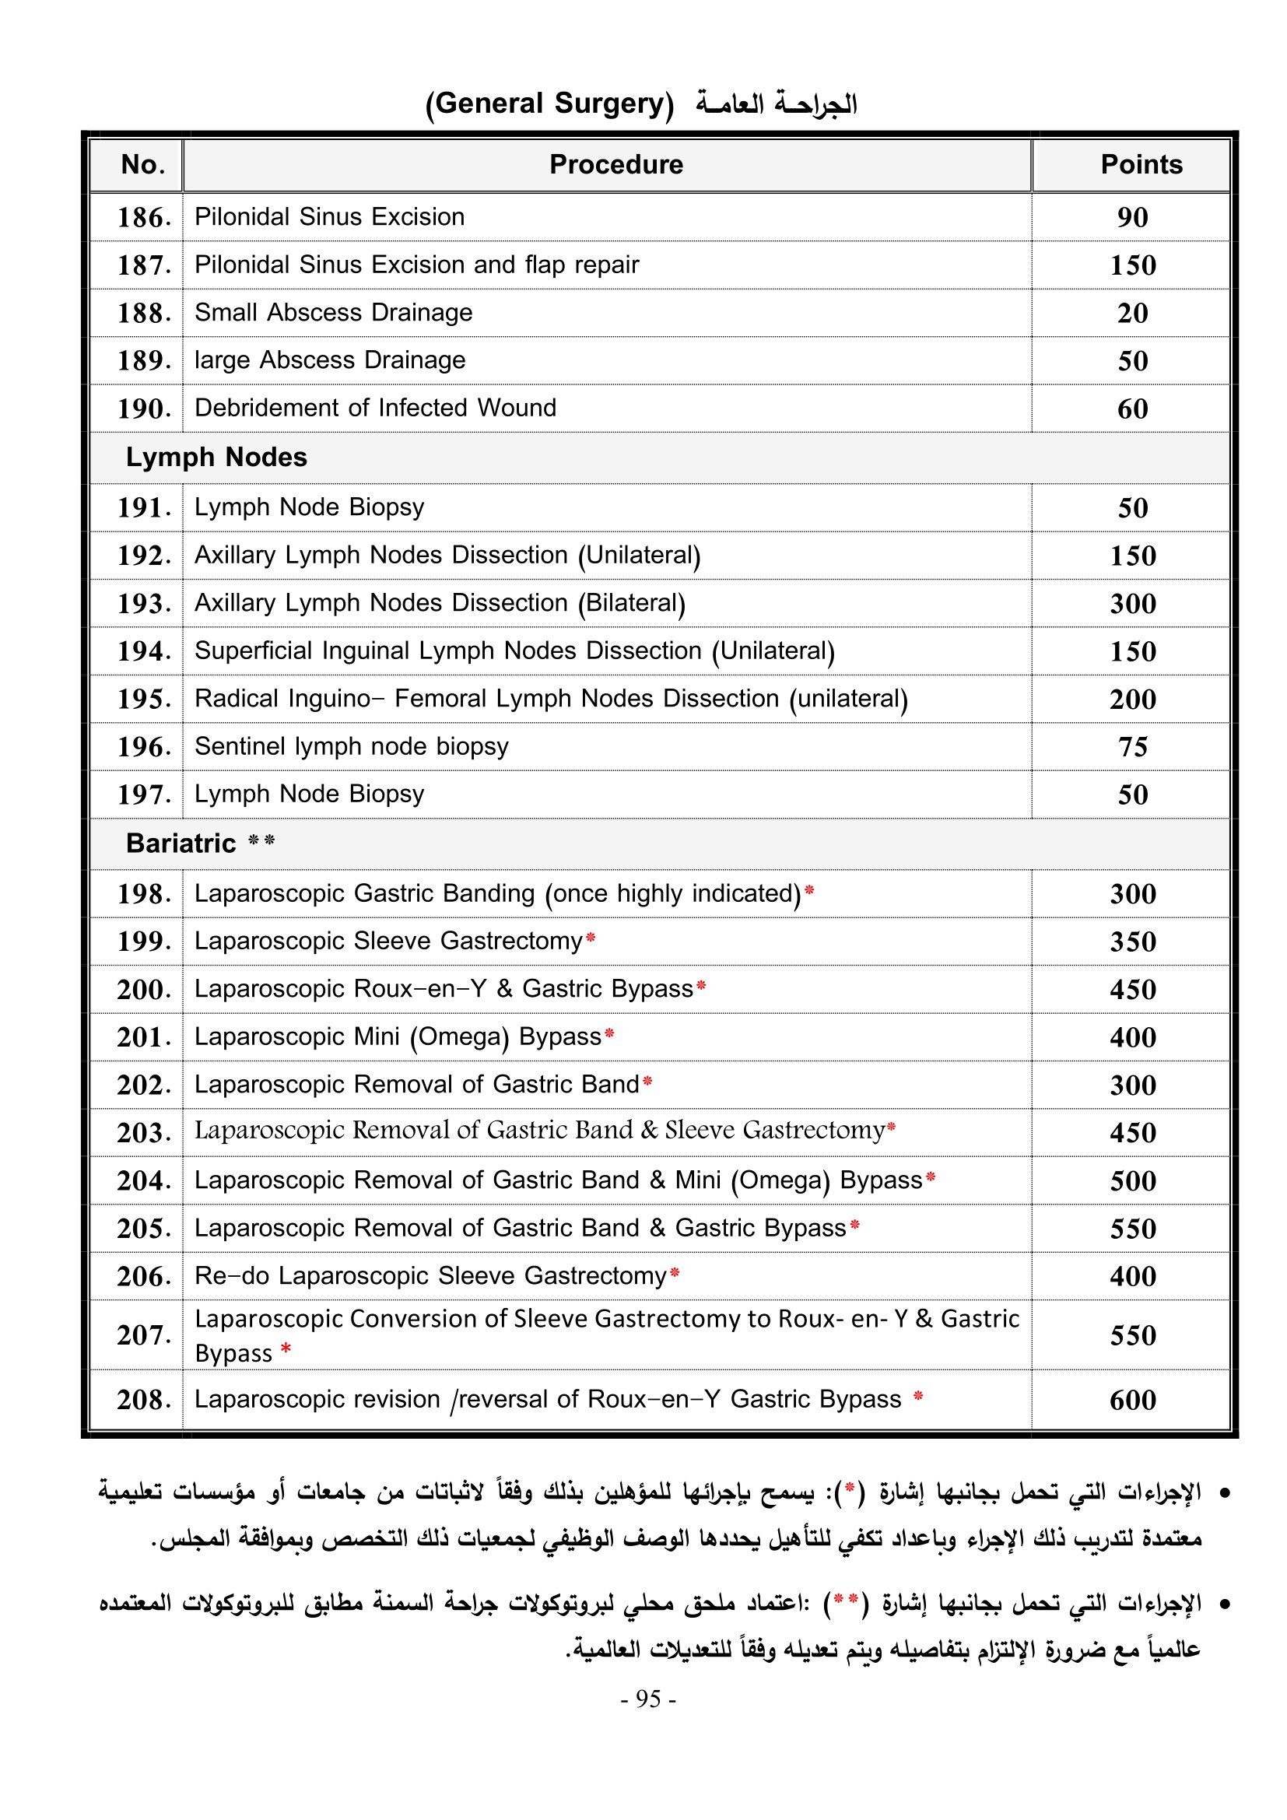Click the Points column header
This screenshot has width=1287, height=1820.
pyautogui.click(x=1141, y=165)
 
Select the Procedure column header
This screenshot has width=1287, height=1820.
pyautogui.click(x=615, y=165)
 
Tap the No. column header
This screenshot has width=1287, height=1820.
pyautogui.click(x=143, y=165)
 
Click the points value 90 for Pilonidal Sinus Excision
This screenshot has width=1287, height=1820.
pyautogui.click(x=1132, y=217)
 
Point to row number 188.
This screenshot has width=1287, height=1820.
pyautogui.click(x=144, y=313)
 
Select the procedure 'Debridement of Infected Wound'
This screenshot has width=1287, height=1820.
pyautogui.click(x=376, y=409)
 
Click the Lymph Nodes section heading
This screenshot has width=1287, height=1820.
pyautogui.click(x=216, y=458)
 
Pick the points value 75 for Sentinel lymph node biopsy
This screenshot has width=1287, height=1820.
pyautogui.click(x=1132, y=747)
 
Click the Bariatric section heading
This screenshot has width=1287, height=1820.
pyautogui.click(x=181, y=843)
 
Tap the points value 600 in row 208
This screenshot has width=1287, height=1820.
pyautogui.click(x=1132, y=1400)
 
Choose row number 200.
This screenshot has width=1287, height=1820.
pyautogui.click(x=144, y=990)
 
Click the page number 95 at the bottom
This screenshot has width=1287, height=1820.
pyautogui.click(x=647, y=1698)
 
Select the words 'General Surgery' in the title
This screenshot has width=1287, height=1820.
pyautogui.click(x=550, y=103)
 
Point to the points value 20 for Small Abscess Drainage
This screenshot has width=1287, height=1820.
pyautogui.click(x=1132, y=313)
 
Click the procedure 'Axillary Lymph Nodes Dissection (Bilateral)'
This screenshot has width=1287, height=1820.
pyautogui.click(x=440, y=603)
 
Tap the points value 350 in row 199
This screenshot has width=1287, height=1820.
pyautogui.click(x=1132, y=942)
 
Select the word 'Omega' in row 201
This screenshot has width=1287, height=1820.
pyautogui.click(x=459, y=1036)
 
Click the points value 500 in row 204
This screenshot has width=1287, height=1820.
pyautogui.click(x=1132, y=1181)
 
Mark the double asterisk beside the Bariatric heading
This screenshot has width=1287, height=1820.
pyautogui.click(x=261, y=840)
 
